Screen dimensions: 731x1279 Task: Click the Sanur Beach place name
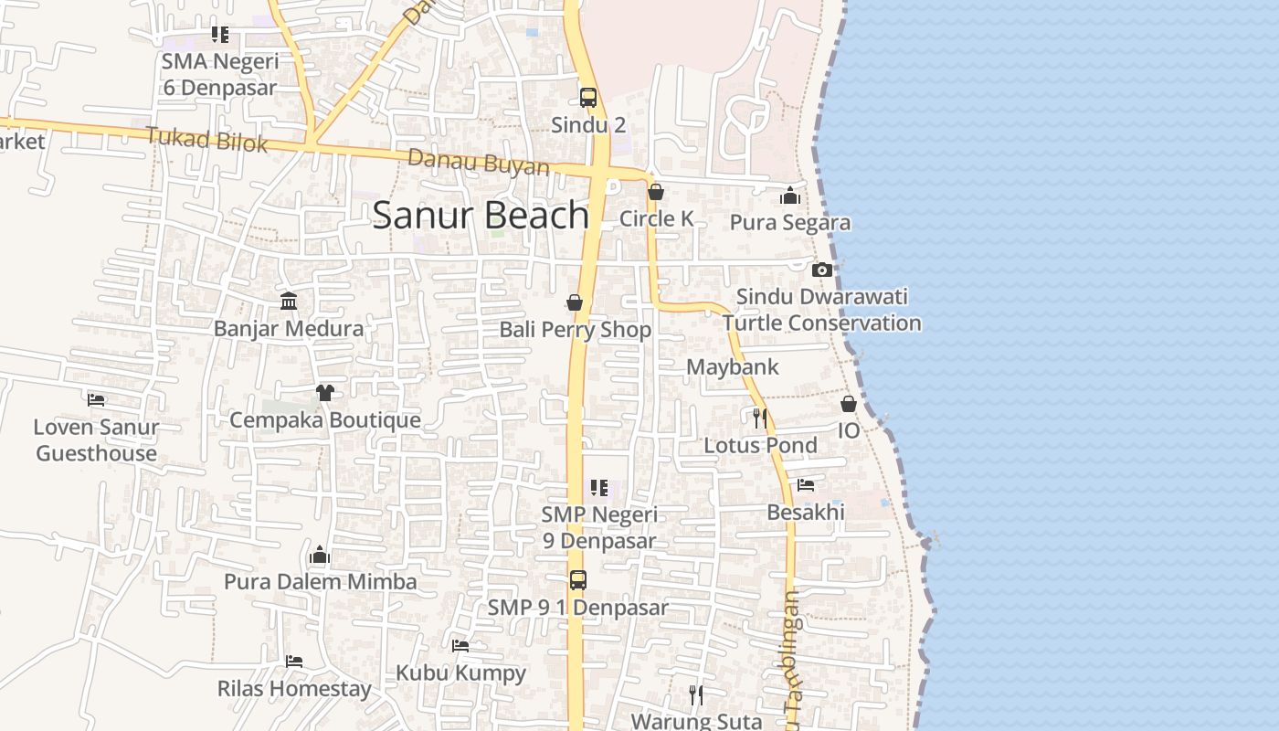coord(481,216)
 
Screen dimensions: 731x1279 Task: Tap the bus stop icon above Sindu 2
coord(588,98)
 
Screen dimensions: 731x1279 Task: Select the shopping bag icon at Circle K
coord(656,192)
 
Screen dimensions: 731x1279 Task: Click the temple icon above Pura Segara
coord(790,196)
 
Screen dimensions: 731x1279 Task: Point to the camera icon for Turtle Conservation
coord(822,270)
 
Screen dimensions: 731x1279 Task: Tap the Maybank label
coord(732,367)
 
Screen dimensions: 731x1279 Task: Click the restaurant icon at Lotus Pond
coord(759,418)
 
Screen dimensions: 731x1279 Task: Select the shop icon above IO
coord(849,403)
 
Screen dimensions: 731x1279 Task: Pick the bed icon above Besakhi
coord(806,485)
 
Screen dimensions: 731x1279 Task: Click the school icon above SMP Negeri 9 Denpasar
coord(599,488)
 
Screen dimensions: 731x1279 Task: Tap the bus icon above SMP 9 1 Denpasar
coord(578,579)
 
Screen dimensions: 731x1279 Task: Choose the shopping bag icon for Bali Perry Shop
coord(575,302)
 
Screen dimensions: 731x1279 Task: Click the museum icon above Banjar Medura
coord(289,301)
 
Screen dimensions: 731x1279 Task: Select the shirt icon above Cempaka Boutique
coord(325,393)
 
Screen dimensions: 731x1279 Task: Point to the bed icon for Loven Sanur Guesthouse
coord(96,399)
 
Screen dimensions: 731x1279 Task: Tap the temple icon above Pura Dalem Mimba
coord(320,555)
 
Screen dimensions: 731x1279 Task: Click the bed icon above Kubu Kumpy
coord(460,646)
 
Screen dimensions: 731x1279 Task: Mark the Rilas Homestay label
coord(294,689)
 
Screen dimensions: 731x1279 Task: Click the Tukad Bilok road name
coord(206,140)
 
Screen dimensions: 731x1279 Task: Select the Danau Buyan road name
coord(479,163)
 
